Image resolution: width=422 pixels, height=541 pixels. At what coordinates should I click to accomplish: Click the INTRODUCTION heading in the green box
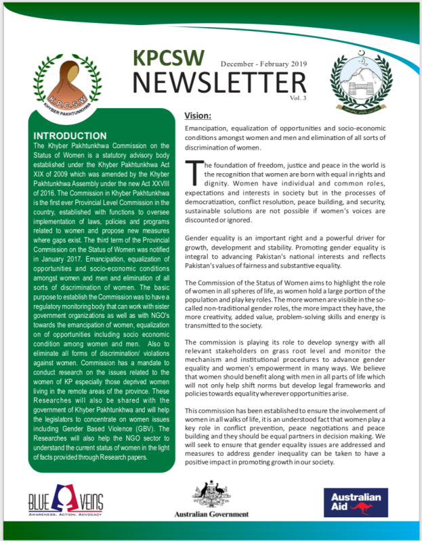(79, 135)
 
